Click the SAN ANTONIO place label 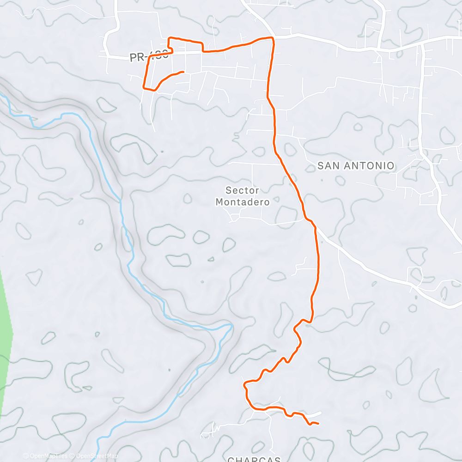[356, 165]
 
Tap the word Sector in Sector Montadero [242, 190]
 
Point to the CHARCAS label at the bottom [254, 459]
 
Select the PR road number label [148, 57]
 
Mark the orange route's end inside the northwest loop [183, 72]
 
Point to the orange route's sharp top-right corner [273, 38]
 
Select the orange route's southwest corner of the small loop [144, 87]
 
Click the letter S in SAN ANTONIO [320, 165]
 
